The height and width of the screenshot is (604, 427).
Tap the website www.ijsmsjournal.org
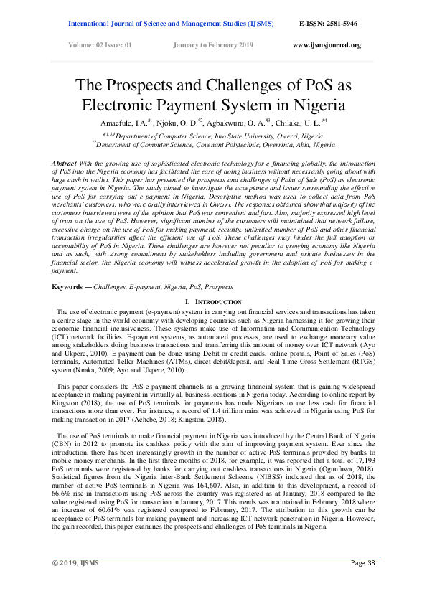[x=327, y=45]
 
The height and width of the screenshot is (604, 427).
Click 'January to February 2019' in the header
[x=213, y=45]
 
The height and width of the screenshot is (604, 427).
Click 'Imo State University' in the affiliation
[x=219, y=135]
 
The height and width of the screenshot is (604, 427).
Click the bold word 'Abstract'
[x=64, y=164]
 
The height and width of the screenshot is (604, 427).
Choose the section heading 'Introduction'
[x=217, y=302]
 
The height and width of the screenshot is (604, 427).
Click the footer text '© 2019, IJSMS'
[x=74, y=582]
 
